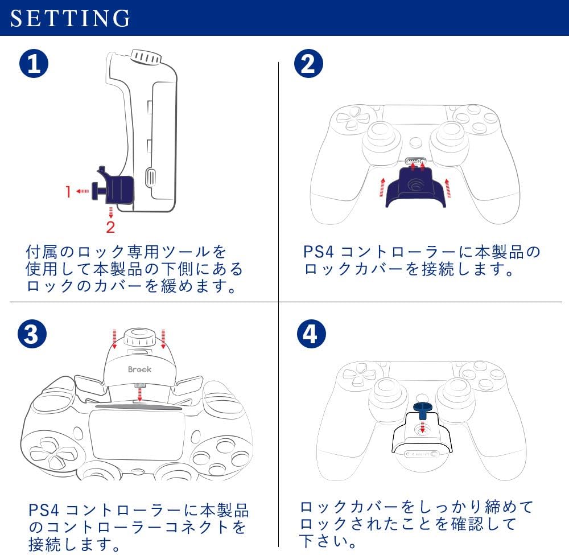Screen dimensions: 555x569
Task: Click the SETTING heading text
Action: pos(71,18)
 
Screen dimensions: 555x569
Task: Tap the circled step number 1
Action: pos(34,64)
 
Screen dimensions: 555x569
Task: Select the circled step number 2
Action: pos(307,64)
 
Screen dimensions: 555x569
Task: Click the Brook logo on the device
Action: pos(139,369)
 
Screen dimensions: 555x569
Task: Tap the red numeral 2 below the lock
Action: pos(110,227)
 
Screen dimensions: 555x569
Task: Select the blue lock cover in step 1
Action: pos(119,189)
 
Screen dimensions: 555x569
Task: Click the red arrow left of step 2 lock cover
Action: pos(382,186)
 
